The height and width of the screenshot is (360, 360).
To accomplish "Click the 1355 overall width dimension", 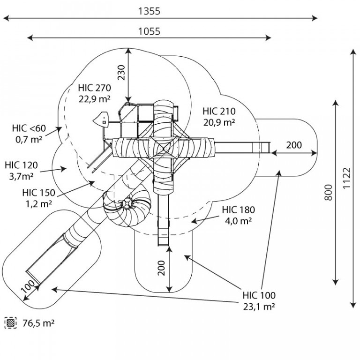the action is (149, 11).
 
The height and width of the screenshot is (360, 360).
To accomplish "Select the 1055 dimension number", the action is (149, 31).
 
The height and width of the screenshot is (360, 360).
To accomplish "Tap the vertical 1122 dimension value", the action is (347, 178).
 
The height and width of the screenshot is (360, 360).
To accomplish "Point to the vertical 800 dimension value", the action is (329, 192).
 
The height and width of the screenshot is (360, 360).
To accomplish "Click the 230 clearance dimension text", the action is (121, 73).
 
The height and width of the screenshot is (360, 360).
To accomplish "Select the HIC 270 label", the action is (94, 88).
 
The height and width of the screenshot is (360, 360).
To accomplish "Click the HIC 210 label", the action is (219, 111).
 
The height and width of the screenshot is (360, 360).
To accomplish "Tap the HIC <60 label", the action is (29, 128).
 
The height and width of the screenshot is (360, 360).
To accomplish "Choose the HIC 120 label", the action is (22, 165).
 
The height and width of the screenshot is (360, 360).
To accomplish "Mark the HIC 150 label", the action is (39, 192).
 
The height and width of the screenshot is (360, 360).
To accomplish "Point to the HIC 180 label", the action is (238, 210).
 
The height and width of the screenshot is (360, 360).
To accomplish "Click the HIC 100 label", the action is (259, 295).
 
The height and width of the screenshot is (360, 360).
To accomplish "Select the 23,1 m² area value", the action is (259, 307).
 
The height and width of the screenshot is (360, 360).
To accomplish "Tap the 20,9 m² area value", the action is (219, 122).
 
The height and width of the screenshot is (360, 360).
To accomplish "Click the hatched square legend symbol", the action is (11, 323).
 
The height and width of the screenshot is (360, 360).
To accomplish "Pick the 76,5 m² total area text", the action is (38, 323).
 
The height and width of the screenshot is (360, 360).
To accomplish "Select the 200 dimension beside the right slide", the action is (294, 145).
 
